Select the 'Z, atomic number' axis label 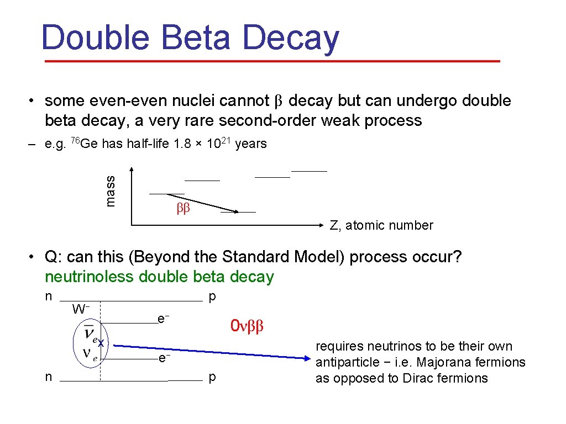(x=381, y=225)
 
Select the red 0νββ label (x=248, y=326)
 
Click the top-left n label (x=48, y=296)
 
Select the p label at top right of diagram (x=212, y=296)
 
